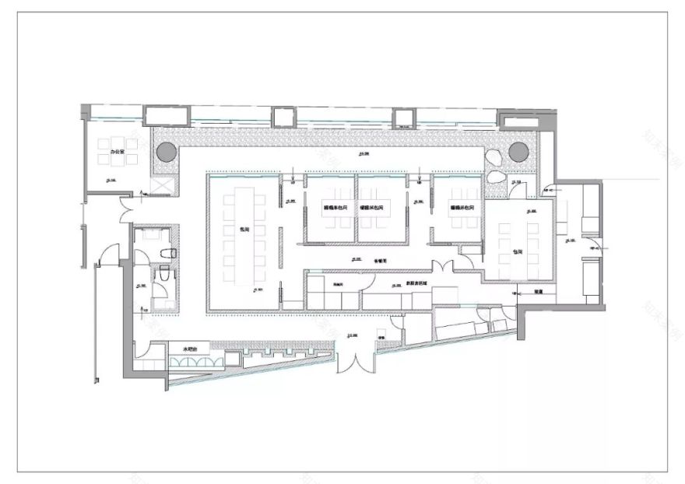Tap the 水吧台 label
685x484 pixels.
(192, 349)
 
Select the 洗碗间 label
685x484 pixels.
(338, 285)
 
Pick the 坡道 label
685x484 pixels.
(538, 293)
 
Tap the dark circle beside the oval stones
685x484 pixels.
(518, 151)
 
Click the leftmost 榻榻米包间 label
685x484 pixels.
(335, 209)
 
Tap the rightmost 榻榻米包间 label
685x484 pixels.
(462, 209)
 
